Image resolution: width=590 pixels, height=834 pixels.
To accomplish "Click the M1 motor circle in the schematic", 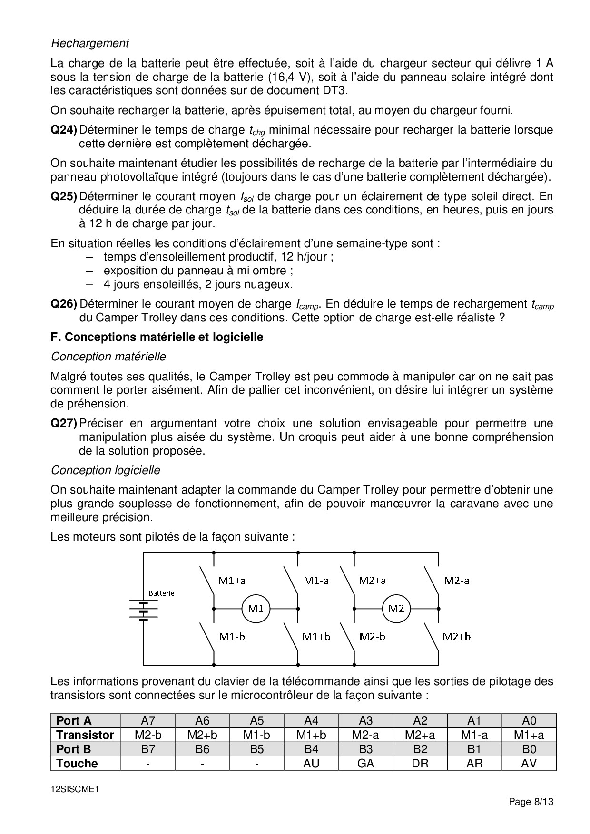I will pyautogui.click(x=256, y=608).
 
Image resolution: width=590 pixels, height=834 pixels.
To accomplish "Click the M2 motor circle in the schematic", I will pyautogui.click(x=396, y=608).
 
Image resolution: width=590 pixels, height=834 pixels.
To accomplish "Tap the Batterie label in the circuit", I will pyautogui.click(x=161, y=593).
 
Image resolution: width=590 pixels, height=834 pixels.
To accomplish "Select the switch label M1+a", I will pyautogui.click(x=232, y=580).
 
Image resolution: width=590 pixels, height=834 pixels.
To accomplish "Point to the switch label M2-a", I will pyautogui.click(x=456, y=580).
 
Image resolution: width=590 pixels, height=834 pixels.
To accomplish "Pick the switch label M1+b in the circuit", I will pyautogui.click(x=316, y=637).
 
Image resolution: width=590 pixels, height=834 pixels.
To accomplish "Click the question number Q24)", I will pyautogui.click(x=64, y=130).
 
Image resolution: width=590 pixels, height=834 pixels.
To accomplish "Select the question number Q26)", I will pyautogui.click(x=64, y=304).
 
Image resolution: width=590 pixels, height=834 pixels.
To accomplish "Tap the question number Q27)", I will pyautogui.click(x=64, y=423).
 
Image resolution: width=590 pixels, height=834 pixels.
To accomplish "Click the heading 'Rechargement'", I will pyautogui.click(x=90, y=43).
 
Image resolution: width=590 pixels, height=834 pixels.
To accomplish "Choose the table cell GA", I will pyautogui.click(x=365, y=763).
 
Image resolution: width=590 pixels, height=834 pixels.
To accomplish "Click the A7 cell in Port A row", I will pyautogui.click(x=148, y=721).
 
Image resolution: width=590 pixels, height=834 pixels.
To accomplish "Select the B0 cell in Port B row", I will pyautogui.click(x=529, y=749).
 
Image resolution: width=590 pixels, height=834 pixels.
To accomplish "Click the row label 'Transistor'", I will pyautogui.click(x=85, y=735).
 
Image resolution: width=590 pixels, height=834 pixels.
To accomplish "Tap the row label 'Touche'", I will pyautogui.click(x=77, y=764).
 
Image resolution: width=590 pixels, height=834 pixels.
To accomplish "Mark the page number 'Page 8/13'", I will pyautogui.click(x=531, y=802).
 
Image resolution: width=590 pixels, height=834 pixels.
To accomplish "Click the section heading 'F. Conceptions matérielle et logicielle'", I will pyautogui.click(x=157, y=337).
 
